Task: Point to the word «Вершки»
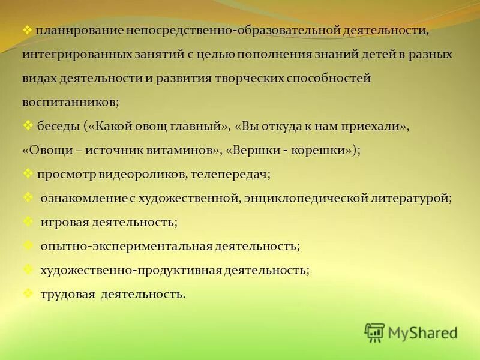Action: coord(257,151)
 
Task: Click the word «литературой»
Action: coord(407,199)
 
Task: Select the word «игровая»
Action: coord(64,223)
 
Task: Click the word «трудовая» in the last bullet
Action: coord(68,295)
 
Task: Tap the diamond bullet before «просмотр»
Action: coord(28,173)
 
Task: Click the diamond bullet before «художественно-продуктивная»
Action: coord(28,269)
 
